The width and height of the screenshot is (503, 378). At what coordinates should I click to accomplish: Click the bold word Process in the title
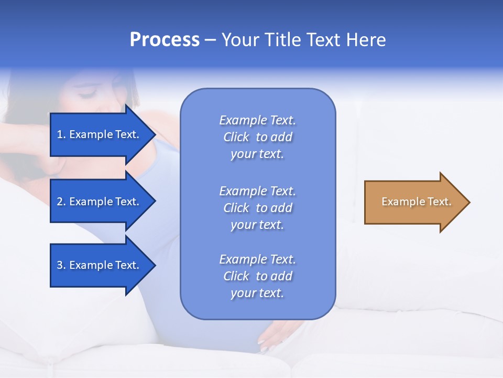pos(165,40)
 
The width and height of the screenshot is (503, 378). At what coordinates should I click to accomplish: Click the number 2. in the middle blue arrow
pos(61,202)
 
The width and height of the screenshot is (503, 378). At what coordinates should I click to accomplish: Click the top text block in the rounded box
pos(257,137)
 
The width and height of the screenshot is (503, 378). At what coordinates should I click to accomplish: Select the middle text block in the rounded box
pos(257,208)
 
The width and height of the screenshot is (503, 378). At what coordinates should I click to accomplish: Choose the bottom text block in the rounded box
pos(257,276)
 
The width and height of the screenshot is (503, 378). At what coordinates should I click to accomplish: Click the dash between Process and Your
pos(210,40)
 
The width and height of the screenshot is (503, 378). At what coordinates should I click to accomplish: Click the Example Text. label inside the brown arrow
pos(416,202)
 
